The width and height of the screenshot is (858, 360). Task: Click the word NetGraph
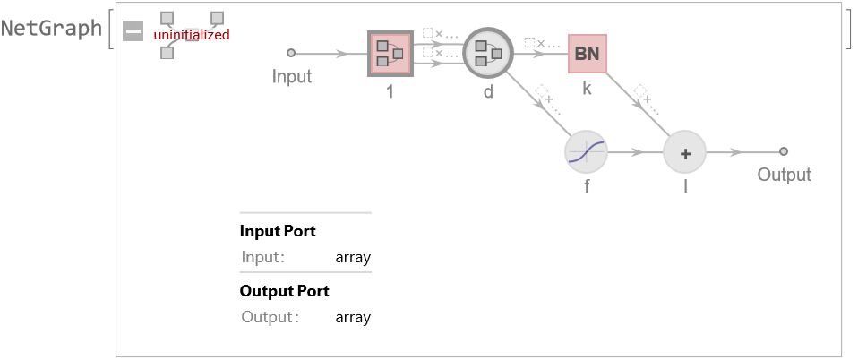(52, 28)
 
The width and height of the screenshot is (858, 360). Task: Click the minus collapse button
(133, 31)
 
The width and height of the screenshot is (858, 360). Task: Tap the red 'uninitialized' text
(192, 35)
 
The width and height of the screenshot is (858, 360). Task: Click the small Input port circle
(290, 53)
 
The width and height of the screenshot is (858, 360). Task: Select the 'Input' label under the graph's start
(292, 76)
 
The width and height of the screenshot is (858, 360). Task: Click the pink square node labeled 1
(390, 54)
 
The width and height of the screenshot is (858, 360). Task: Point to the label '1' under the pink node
(390, 90)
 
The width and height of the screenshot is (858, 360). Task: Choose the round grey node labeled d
(488, 54)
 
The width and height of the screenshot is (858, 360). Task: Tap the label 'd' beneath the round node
(488, 90)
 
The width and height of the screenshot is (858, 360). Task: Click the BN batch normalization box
(587, 54)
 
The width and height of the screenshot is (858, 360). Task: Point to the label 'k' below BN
(587, 90)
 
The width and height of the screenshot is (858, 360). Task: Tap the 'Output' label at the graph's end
(784, 175)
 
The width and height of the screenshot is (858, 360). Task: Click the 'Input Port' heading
(278, 231)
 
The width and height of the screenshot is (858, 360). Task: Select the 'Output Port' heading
(284, 291)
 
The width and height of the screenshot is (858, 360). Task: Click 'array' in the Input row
(353, 258)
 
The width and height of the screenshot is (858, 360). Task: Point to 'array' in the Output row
(353, 317)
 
